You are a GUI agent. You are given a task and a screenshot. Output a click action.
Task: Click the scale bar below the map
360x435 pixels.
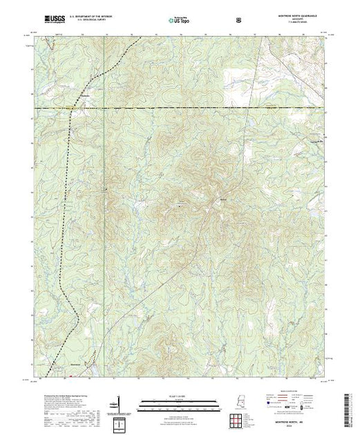point(178,401)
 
